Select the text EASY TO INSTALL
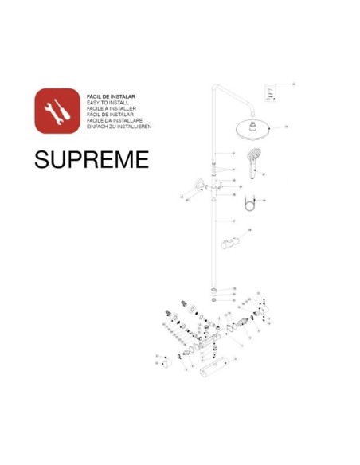click(x=106, y=102)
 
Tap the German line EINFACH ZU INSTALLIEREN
click(x=118, y=127)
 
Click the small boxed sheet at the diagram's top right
click(x=271, y=94)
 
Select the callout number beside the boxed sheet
click(x=293, y=84)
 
